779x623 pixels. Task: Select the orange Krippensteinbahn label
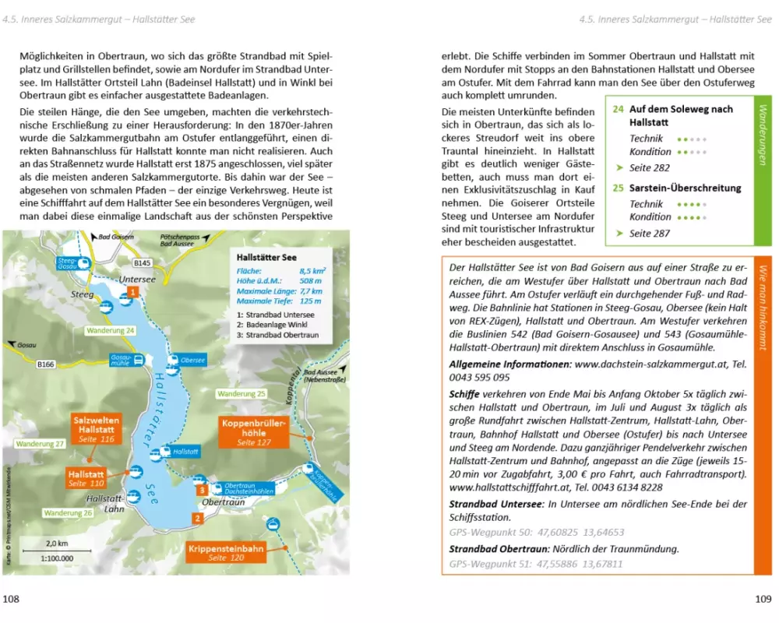[226, 553]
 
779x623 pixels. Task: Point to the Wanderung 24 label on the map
[111, 330]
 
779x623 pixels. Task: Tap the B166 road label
[48, 362]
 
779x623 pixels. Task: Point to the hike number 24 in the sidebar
[618, 110]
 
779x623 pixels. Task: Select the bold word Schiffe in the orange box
[464, 393]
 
